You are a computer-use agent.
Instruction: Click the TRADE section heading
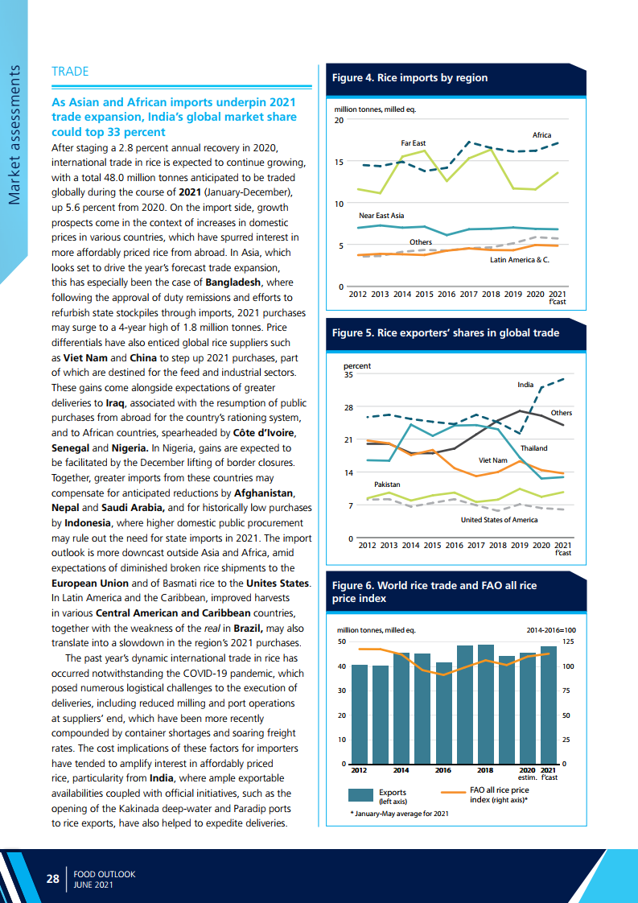(x=70, y=72)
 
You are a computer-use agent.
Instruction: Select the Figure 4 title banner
(x=410, y=78)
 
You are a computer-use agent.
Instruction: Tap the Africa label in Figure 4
(x=541, y=135)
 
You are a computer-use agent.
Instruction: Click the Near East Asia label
(x=381, y=216)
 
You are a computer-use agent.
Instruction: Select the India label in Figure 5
(x=525, y=385)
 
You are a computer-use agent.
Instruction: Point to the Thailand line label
(x=534, y=447)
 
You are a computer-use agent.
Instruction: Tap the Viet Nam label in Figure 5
(x=493, y=460)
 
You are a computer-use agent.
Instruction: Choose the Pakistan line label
(x=387, y=484)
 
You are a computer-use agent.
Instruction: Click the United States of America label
(x=499, y=520)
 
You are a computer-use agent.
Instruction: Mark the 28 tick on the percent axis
(x=348, y=407)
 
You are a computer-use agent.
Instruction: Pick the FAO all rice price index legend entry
(x=499, y=795)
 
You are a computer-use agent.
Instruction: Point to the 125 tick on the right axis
(x=568, y=641)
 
